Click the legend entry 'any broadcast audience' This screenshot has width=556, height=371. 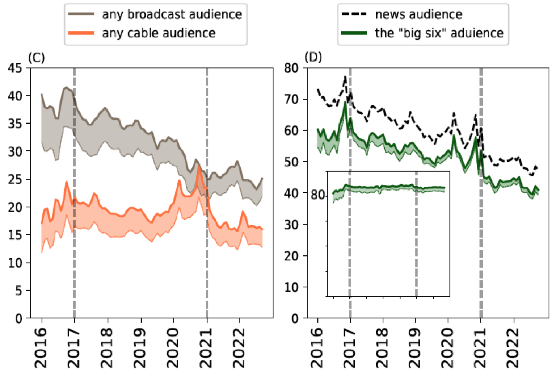coord(172,14)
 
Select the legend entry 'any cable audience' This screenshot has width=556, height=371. coord(159,33)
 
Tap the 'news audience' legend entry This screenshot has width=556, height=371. coord(418,14)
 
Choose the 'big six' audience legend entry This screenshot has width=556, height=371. coord(439,33)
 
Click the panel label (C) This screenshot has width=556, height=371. coord(36,57)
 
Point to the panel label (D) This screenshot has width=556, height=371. coord(313,57)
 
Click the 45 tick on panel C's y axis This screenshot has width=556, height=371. coord(15,68)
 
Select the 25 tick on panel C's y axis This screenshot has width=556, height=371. coord(15,179)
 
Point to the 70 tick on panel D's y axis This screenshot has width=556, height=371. coord(291,99)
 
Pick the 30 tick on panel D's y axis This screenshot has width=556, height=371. coord(291,225)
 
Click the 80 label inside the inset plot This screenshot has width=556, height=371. coord(318,195)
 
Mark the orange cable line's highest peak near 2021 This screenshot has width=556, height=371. coord(199,166)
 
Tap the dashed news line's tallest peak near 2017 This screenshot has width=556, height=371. coord(345,76)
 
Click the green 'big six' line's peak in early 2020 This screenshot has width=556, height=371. coord(454,136)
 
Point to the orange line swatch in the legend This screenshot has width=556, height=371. coord(81,33)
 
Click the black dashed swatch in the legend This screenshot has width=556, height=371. coord(354,14)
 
